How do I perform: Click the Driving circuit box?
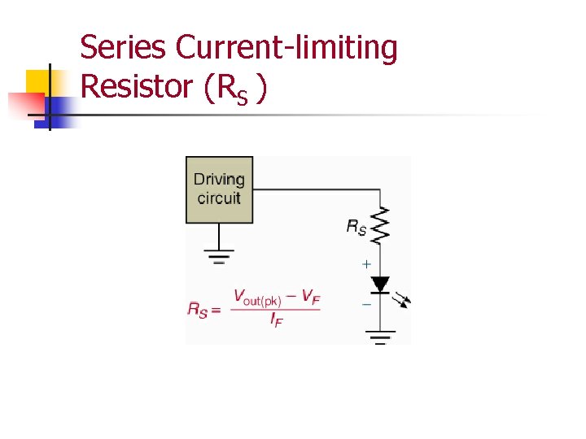[x=219, y=189]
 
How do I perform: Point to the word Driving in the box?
[x=219, y=180]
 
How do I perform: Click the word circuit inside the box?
[x=219, y=198]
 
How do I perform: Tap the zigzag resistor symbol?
[x=380, y=224]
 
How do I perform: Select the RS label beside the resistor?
[x=356, y=228]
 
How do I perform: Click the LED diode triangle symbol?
[x=380, y=285]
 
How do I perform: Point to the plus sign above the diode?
[x=366, y=264]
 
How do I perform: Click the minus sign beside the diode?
[x=366, y=303]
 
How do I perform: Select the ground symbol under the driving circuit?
[x=218, y=256]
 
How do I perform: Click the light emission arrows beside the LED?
[x=402, y=300]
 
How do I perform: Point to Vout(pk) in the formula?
[x=257, y=298]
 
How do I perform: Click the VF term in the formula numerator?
[x=310, y=298]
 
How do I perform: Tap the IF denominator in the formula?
[x=277, y=320]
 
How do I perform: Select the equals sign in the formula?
[x=216, y=310]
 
